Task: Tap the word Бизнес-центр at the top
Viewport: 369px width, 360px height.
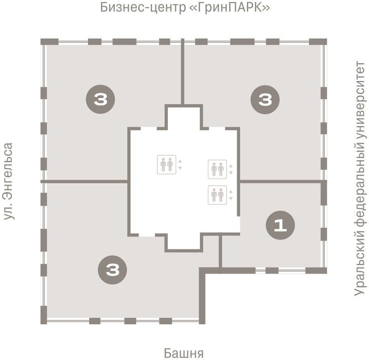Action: (143, 8)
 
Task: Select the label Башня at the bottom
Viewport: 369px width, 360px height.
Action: (184, 353)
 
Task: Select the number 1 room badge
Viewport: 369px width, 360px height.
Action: (280, 225)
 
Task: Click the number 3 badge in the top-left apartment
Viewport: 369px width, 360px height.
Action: (101, 99)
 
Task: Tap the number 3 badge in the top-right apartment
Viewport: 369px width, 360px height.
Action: (265, 100)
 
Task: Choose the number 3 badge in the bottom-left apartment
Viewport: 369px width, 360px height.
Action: (112, 270)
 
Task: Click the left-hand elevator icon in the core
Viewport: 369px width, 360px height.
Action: (167, 165)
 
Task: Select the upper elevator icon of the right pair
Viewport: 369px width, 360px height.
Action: (217, 169)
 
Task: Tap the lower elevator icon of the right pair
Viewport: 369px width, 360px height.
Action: (217, 195)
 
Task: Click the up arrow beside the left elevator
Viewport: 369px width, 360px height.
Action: (180, 161)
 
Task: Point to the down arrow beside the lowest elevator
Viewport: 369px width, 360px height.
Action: (231, 198)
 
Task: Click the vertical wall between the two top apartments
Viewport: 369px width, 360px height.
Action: (182, 71)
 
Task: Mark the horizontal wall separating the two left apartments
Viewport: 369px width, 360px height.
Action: (84, 181)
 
